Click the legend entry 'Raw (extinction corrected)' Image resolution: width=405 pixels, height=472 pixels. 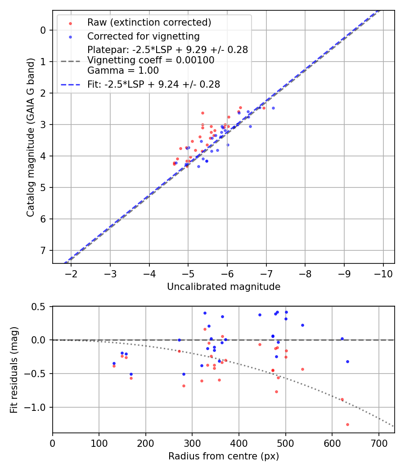click(149, 22)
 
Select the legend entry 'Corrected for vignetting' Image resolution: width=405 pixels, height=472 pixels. click(143, 36)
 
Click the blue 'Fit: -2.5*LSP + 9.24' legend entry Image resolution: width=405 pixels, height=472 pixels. click(153, 84)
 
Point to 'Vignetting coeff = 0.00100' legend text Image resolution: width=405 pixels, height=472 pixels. click(151, 60)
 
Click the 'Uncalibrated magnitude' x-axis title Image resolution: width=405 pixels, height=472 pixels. click(224, 287)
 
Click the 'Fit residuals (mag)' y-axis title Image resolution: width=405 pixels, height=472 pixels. click(14, 370)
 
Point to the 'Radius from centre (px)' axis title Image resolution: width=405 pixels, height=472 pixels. click(224, 456)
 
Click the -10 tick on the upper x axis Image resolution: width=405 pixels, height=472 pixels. click(383, 273)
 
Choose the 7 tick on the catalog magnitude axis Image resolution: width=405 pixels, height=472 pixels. click(43, 250)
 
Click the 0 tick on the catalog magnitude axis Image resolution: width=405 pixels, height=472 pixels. click(43, 30)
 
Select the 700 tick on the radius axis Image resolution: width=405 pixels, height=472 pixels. click(378, 443)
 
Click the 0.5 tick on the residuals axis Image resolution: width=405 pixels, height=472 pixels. click(40, 307)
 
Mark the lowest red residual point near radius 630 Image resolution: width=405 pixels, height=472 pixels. click(347, 424)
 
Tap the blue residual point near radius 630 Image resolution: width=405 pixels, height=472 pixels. click(347, 361)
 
